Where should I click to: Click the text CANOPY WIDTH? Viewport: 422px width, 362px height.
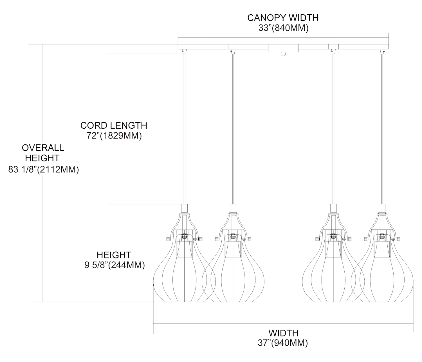[283, 17]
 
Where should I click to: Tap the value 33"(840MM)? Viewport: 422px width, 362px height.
[283, 28]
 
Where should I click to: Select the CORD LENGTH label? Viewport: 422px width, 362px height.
[114, 125]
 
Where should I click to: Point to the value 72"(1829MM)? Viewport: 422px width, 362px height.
[114, 136]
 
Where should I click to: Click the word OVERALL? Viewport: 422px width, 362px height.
[43, 148]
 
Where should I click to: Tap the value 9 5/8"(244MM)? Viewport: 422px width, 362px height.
[115, 265]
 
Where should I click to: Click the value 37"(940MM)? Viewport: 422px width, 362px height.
[283, 343]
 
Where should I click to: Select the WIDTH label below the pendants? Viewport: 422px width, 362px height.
[283, 333]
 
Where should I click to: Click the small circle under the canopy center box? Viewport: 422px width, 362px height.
[283, 54]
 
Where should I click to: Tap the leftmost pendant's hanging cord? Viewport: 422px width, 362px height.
[184, 127]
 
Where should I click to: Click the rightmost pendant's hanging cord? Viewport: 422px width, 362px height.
[382, 127]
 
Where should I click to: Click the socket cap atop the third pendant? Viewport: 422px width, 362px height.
[333, 208]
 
